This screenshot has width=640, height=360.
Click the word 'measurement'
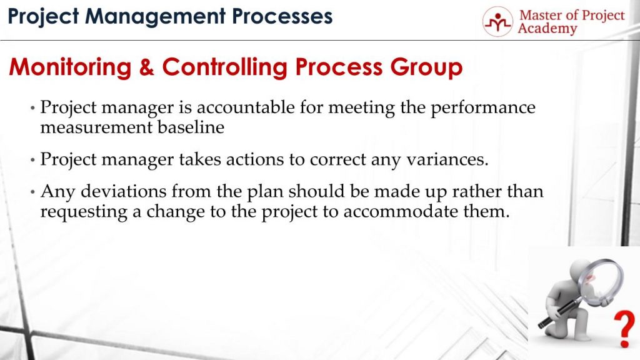pyautogui.click(x=86, y=127)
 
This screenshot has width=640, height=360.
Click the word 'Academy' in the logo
pyautogui.click(x=547, y=29)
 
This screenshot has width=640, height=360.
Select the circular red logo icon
pyautogui.click(x=497, y=22)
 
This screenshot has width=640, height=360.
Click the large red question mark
pyautogui.click(x=622, y=327)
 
